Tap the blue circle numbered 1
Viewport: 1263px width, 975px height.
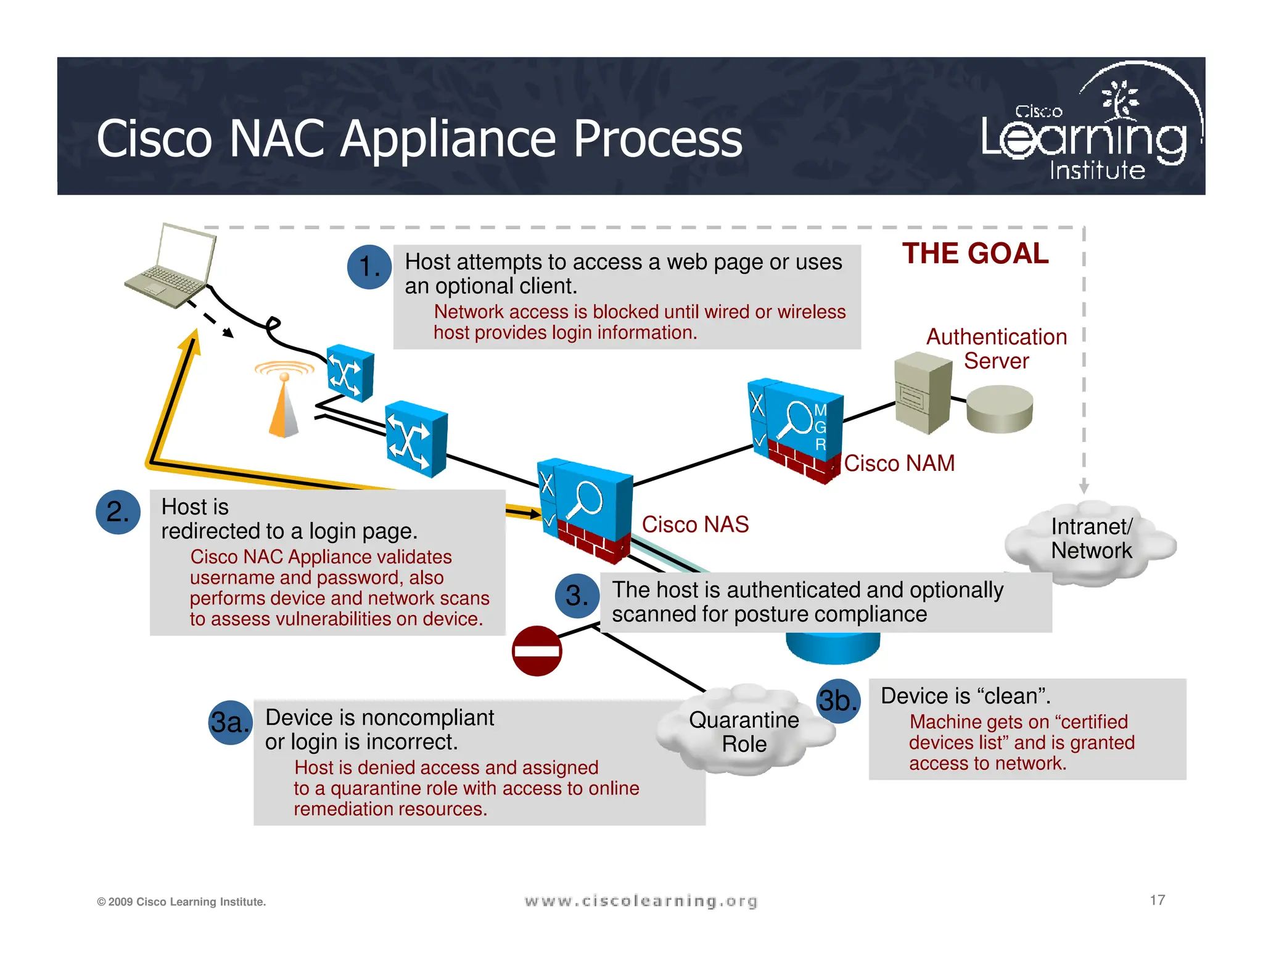(369, 267)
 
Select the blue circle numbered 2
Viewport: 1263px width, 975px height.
(118, 512)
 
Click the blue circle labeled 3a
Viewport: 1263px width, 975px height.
(230, 722)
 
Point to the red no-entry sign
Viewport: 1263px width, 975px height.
(537, 651)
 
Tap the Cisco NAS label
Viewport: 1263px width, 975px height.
(695, 524)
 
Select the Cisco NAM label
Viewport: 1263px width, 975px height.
(899, 463)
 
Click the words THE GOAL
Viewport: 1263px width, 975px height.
(975, 254)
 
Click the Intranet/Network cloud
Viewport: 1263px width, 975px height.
(1091, 539)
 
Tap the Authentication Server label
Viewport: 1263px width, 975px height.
(996, 349)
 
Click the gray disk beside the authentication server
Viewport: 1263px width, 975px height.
(999, 409)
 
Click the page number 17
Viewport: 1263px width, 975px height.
(1157, 900)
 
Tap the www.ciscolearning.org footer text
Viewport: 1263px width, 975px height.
(641, 901)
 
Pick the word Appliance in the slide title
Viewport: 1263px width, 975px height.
(449, 139)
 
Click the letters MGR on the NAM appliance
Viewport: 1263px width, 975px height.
(820, 427)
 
